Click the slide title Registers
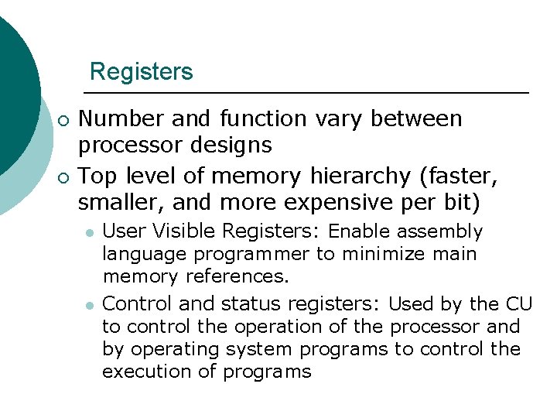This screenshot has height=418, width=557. point(141,72)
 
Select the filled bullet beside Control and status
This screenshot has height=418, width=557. point(90,304)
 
